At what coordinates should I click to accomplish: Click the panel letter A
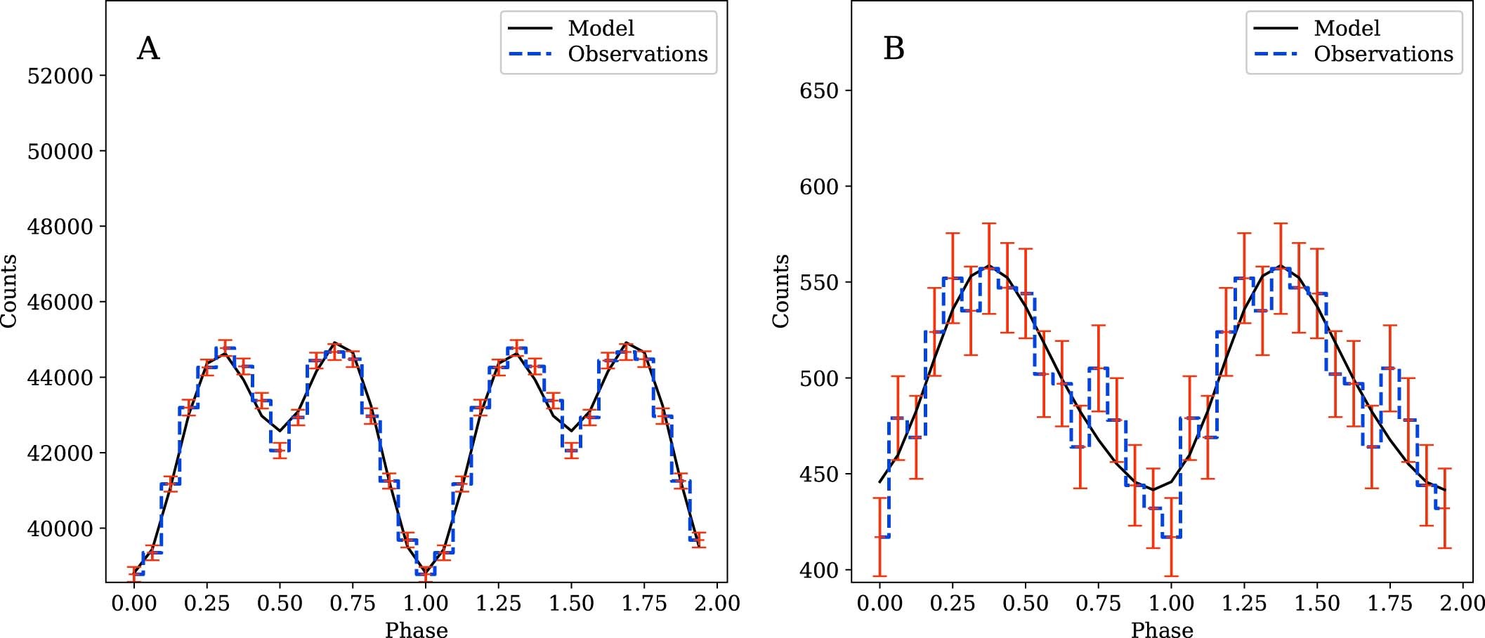(148, 49)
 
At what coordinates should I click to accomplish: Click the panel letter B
(894, 49)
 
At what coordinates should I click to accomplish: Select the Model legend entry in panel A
(601, 28)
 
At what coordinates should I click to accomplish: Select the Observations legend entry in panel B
(1382, 54)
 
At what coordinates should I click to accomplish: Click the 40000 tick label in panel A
(60, 529)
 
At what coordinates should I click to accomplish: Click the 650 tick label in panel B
(819, 91)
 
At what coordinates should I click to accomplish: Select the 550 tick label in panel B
(819, 282)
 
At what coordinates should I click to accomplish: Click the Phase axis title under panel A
(416, 630)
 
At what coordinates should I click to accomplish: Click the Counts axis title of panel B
(780, 291)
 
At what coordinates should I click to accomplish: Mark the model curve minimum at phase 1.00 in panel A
(425, 571)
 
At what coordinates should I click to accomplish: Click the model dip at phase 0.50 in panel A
(280, 431)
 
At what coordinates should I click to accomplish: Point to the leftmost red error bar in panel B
(879, 537)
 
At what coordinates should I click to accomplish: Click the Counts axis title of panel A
(8, 291)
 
